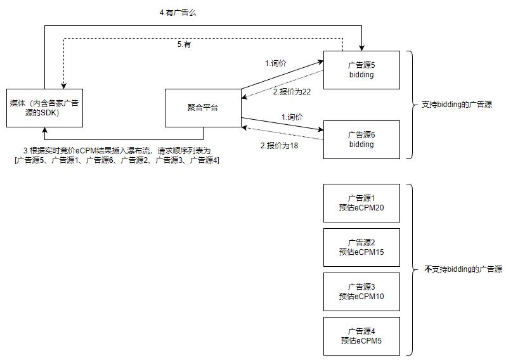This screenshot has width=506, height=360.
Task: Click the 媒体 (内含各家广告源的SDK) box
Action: [x=44, y=108]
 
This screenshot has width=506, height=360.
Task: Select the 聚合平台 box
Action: [x=202, y=108]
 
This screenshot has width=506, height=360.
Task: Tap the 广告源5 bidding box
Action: [x=361, y=70]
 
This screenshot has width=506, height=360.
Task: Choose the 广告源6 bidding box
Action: [x=361, y=139]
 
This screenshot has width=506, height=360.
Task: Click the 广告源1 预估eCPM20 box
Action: [x=361, y=203]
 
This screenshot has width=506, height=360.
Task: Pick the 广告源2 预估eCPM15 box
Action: [x=361, y=247]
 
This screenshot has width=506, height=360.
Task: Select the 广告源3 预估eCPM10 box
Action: [x=361, y=292]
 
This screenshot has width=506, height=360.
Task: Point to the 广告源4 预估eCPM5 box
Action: [x=361, y=336]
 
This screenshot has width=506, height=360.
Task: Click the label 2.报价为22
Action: [x=292, y=92]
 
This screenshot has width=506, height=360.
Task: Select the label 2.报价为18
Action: [x=280, y=145]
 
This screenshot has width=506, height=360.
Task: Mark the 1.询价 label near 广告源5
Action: [x=276, y=63]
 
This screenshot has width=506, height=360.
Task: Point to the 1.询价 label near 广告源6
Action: [x=292, y=117]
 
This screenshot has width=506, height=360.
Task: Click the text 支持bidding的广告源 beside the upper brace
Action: [x=457, y=104]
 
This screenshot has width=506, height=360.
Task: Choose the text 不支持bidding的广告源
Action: [x=463, y=269]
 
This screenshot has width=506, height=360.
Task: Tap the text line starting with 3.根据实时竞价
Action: [x=117, y=150]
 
